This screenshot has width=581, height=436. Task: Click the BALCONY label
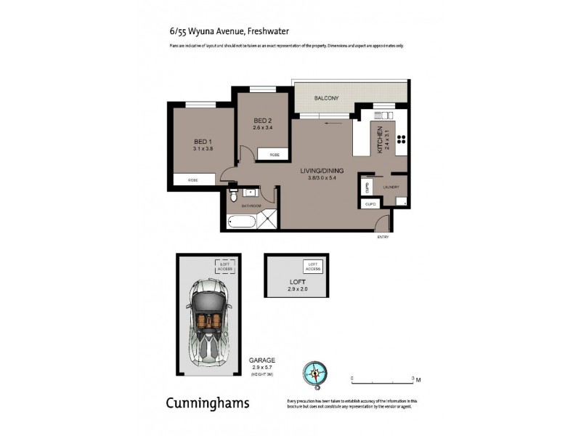point(326,98)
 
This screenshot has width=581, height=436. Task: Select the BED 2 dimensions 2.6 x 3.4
point(262,128)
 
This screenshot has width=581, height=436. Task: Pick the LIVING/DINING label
point(322,171)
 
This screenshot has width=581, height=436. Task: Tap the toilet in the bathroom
point(233,196)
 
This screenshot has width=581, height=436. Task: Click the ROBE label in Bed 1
point(193,179)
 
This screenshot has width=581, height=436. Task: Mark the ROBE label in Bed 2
point(275,156)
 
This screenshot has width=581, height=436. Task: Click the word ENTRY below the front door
point(383,238)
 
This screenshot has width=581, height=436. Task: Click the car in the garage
point(208,318)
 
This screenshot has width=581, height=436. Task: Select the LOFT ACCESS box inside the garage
point(224,266)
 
